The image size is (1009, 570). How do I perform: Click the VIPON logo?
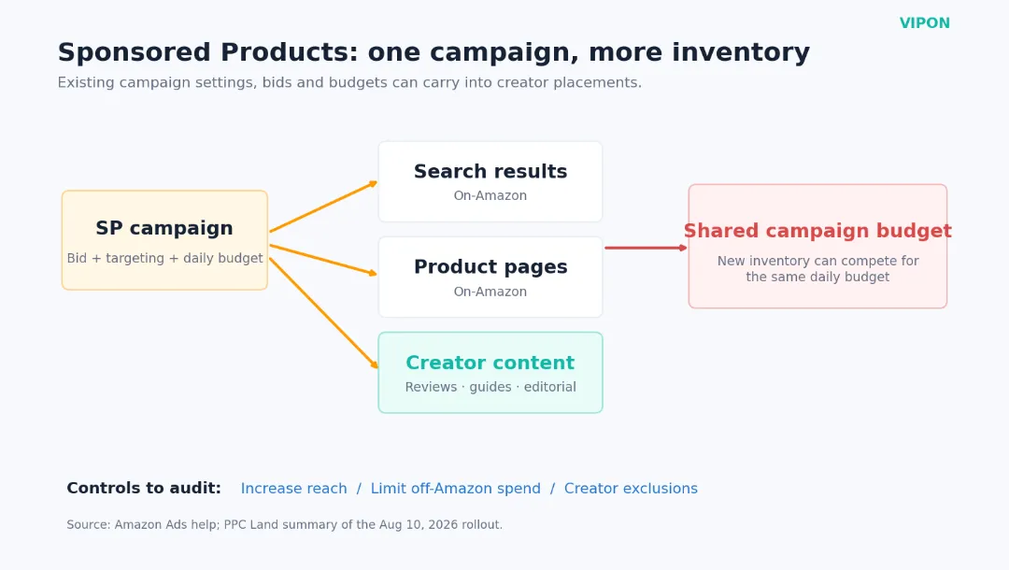[924, 23]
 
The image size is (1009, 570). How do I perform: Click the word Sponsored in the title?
[135, 52]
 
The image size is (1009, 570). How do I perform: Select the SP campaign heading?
[164, 228]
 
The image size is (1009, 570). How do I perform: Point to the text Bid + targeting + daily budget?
[164, 258]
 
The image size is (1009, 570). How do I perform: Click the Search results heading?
[490, 171]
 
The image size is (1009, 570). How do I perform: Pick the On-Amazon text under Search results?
[490, 195]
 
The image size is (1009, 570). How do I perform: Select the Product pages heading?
[490, 267]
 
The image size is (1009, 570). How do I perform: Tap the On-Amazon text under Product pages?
[490, 292]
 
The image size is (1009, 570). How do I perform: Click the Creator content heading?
[490, 363]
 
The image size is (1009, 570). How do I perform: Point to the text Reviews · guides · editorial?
[490, 387]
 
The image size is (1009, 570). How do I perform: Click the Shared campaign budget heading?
[817, 231]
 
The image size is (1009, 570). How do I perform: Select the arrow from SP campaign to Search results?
[323, 207]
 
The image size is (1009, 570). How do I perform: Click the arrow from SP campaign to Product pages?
[323, 260]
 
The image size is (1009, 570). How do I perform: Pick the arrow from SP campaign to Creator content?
[323, 313]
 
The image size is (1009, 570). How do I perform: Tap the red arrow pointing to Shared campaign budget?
[647, 248]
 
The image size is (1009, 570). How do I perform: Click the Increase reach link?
[294, 489]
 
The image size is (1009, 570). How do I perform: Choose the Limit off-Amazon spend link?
[456, 489]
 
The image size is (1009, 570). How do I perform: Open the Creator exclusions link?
[631, 489]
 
